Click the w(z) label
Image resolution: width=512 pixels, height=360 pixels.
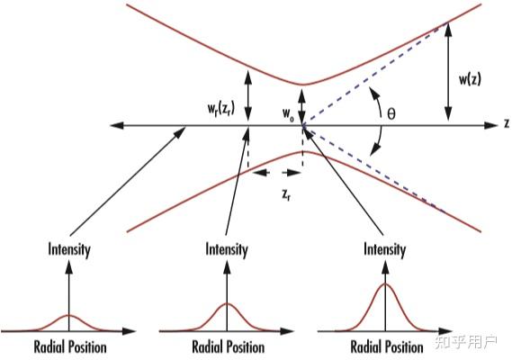(x=470, y=79)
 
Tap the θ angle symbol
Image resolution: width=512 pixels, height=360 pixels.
(x=391, y=114)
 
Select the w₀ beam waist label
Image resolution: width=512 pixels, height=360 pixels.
(x=288, y=114)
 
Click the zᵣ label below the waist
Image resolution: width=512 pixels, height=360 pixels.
(x=286, y=195)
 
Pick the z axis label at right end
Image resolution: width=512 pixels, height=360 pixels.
(x=507, y=123)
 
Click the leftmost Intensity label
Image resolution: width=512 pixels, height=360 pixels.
(x=69, y=249)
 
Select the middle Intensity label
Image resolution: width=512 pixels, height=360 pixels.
(x=227, y=249)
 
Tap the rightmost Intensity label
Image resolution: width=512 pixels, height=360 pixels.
(x=384, y=249)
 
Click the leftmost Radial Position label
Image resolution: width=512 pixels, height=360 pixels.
(x=70, y=346)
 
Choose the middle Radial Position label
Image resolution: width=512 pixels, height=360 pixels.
(x=229, y=346)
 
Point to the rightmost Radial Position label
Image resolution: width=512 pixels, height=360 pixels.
(x=387, y=346)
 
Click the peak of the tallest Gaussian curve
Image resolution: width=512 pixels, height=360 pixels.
(x=386, y=283)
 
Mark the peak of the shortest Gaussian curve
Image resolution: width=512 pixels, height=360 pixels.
(x=69, y=315)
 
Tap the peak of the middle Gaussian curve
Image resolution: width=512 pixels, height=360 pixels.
(x=228, y=304)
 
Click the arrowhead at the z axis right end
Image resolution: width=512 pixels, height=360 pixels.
(x=490, y=125)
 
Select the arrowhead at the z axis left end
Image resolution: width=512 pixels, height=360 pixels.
(x=117, y=125)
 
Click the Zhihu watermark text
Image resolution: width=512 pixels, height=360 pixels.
(x=465, y=342)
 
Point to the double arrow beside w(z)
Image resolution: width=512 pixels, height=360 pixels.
(x=448, y=71)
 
